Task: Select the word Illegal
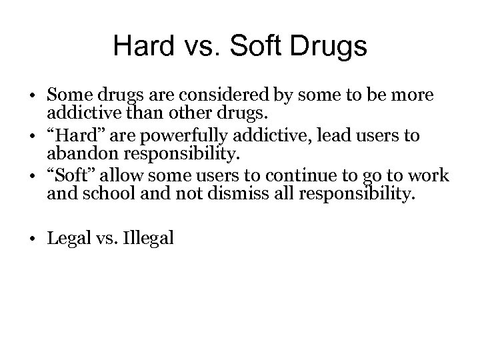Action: pyautogui.click(x=147, y=239)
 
